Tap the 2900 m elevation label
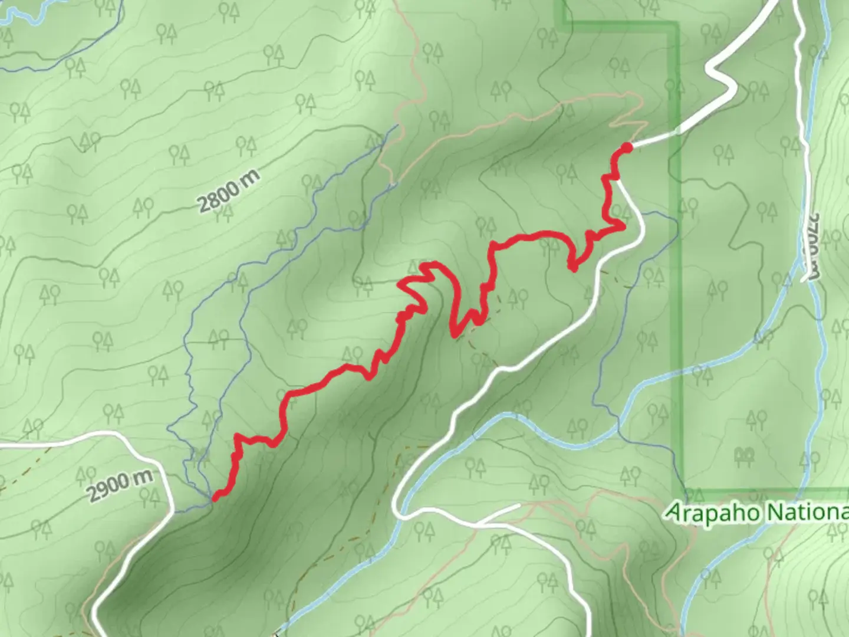tap(120, 485)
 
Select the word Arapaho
tap(712, 512)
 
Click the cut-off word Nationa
tap(808, 513)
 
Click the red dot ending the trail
tap(627, 146)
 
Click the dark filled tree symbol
tap(744, 455)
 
